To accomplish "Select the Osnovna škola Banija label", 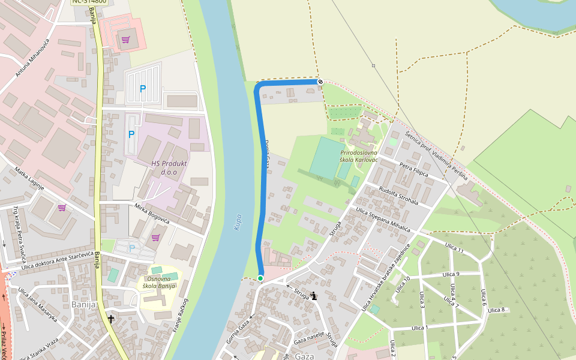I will pos(158,281).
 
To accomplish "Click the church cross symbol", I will pos(110,318).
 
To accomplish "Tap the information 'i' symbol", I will pos(314,295).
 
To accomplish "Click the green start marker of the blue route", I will pos(260,278).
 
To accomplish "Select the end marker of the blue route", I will pos(320,82).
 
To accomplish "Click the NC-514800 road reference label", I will pos(89,1).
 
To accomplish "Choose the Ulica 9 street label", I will pos(450,274).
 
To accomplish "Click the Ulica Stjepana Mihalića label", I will pos(383,220).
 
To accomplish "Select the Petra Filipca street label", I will pos(413,169).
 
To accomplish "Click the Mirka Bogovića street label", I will pos(152,214).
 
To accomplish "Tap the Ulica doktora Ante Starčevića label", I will pos(58,262).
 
